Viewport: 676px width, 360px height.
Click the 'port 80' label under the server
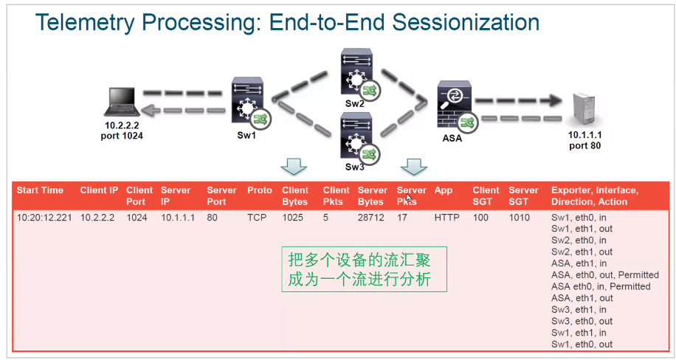584,145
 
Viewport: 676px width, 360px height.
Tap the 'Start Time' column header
40,190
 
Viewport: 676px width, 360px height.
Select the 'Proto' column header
259,190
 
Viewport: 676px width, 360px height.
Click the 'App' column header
443,190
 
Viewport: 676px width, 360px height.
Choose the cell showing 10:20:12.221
44,218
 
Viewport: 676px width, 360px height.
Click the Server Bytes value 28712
372,218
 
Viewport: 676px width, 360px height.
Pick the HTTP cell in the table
446,218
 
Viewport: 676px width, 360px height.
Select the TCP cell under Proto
257,218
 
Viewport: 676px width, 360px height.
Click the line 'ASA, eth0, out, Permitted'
595,274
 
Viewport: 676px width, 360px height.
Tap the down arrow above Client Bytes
295,167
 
